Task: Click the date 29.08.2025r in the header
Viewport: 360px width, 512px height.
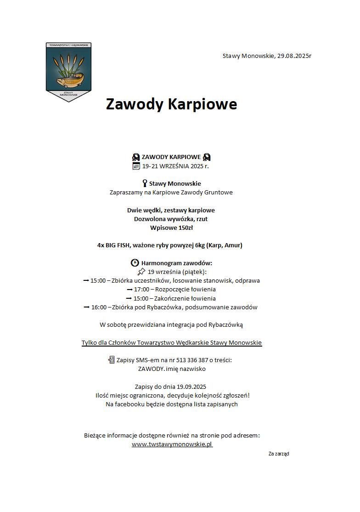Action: click(294, 56)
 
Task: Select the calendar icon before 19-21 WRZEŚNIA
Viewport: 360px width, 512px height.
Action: click(136, 166)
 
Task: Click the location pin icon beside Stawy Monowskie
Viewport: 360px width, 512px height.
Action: click(145, 183)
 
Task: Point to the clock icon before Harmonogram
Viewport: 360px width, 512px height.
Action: click(135, 263)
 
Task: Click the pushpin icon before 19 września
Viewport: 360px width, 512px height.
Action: click(141, 272)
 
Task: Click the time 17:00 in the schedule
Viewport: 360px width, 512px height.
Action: click(141, 290)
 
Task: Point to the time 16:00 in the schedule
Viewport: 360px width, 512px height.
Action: click(99, 307)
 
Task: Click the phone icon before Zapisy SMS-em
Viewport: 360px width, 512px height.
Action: click(111, 360)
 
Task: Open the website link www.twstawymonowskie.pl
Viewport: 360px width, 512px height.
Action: click(172, 444)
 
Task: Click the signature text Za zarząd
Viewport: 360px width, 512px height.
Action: click(279, 454)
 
